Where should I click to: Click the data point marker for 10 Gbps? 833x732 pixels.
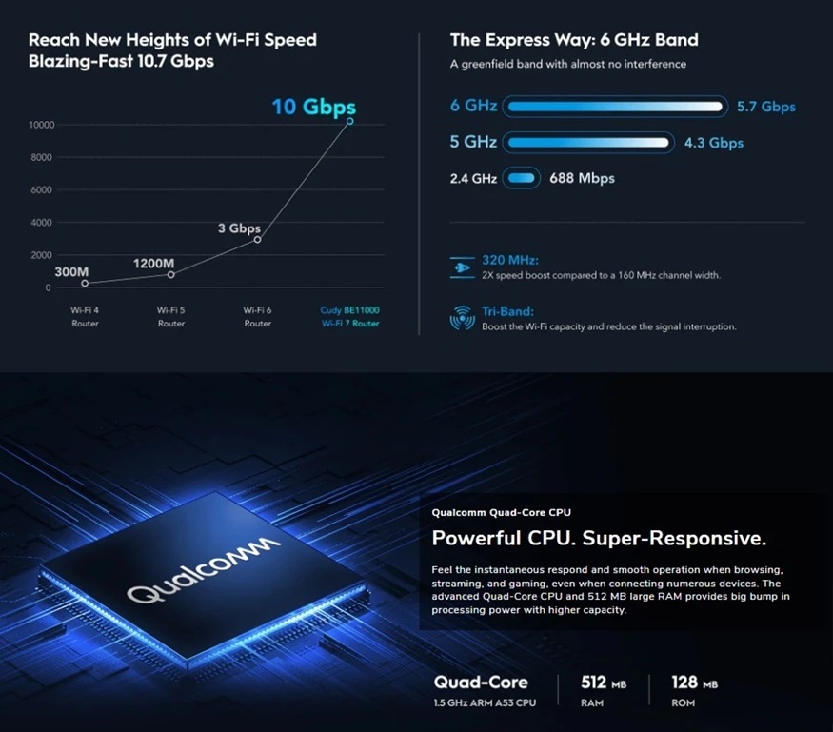[349, 121]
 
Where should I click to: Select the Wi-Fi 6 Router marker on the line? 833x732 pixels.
[257, 240]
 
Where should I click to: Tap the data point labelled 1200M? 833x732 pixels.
[171, 275]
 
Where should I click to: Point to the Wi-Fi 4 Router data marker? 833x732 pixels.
[85, 284]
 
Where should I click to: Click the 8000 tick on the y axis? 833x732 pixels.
[42, 157]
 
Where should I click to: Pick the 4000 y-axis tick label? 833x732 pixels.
[42, 223]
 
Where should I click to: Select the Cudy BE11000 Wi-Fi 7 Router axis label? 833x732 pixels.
[350, 317]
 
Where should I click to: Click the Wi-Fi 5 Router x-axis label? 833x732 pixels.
[171, 317]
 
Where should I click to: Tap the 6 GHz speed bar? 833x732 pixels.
[615, 107]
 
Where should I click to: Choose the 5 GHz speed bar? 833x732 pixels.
[588, 143]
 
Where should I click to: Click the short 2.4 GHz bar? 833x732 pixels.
[521, 178]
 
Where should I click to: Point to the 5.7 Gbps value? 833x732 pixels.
[766, 107]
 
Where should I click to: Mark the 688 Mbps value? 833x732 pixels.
[582, 178]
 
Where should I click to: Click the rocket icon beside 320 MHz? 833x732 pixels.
[462, 267]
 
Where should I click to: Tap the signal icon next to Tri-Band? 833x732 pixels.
[462, 318]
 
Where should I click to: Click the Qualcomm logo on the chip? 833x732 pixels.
[204, 570]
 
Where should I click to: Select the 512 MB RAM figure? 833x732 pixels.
[604, 683]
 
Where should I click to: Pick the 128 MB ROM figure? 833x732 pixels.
[694, 683]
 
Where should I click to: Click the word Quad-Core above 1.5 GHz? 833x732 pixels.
[481, 683]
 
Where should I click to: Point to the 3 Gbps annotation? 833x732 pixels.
[239, 228]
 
